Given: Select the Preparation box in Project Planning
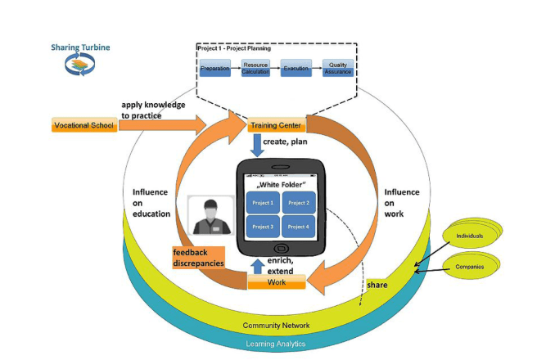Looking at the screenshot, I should pos(215,69).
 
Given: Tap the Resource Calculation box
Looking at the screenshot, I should pos(255,69).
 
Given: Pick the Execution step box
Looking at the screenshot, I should pos(296,69).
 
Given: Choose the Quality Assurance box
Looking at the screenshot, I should pos(336,68).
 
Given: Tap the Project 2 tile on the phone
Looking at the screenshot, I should pos(300,202).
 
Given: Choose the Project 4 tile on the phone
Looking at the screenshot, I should pos(300,226).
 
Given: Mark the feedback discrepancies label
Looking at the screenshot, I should pos(198,257).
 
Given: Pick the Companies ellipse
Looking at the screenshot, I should pos(471,267).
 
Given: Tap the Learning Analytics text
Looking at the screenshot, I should pos(277,344).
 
